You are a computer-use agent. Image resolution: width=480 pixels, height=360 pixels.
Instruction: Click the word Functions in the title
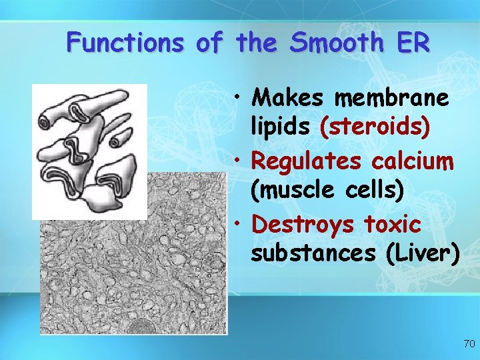(125, 43)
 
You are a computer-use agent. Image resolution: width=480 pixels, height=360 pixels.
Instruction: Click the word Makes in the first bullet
(290, 99)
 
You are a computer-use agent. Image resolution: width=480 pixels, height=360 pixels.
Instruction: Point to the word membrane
(391, 99)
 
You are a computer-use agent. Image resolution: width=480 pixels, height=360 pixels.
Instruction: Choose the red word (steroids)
(375, 127)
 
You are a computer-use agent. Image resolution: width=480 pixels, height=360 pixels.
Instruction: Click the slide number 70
(469, 344)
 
